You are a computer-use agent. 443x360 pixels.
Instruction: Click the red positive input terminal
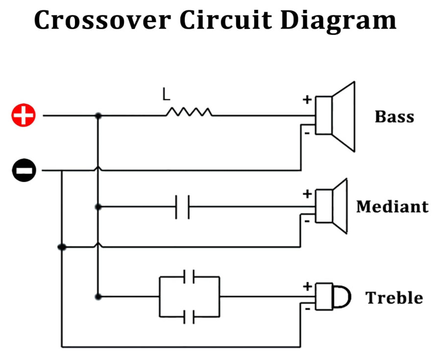coord(24,116)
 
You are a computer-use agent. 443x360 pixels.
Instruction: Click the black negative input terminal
coord(24,171)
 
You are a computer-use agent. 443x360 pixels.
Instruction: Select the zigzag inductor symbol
coord(189,112)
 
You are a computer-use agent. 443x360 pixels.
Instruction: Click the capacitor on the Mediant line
coord(182,206)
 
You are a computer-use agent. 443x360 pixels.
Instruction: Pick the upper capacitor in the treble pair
coord(189,277)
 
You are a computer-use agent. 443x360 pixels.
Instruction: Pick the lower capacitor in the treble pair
coord(189,316)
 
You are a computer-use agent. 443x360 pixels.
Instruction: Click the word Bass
coord(394,117)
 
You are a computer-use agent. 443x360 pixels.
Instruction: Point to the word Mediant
coord(392,206)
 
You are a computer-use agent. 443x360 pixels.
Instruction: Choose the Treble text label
coord(394,298)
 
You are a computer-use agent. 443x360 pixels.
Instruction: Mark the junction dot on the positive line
coord(98,116)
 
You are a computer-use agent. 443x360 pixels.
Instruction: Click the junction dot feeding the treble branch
coord(98,297)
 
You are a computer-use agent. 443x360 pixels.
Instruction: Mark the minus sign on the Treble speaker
coord(307,309)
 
